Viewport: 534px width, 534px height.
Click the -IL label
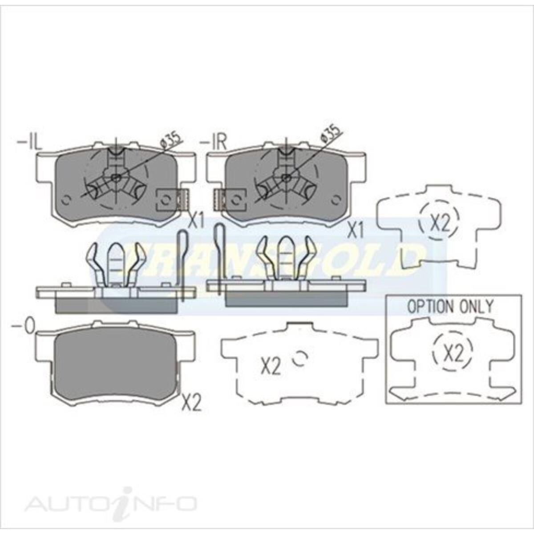pyautogui.click(x=30, y=143)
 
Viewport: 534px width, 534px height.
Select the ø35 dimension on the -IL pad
pyautogui.click(x=171, y=139)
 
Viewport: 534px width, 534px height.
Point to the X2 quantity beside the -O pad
pyautogui.click(x=192, y=403)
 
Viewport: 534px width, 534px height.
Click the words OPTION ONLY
pyautogui.click(x=450, y=307)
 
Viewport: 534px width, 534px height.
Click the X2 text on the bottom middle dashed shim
pyautogui.click(x=270, y=367)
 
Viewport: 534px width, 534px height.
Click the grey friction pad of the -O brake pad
pyautogui.click(x=117, y=363)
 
